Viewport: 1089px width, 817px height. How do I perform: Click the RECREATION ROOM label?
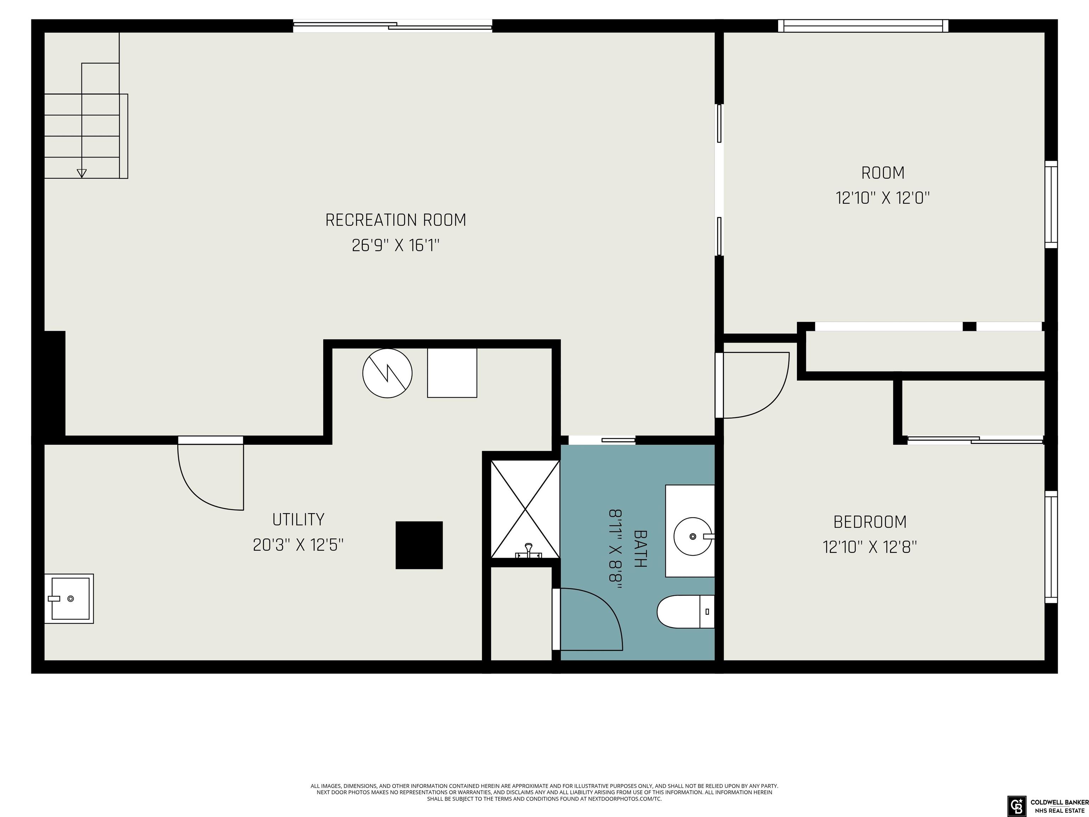tap(396, 219)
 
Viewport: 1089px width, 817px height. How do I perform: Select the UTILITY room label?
tap(298, 519)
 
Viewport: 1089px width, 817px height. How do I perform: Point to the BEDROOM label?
tap(870, 522)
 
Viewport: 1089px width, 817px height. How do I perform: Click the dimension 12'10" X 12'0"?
tap(883, 198)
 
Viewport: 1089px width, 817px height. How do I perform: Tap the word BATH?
tap(640, 549)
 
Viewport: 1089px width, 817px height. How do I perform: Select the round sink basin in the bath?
tap(693, 536)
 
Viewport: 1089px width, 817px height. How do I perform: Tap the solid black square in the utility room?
tap(419, 545)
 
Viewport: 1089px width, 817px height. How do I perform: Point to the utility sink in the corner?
tap(69, 598)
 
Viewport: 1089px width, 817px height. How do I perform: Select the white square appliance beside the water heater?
tap(452, 373)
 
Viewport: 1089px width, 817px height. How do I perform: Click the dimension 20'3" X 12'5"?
tap(298, 545)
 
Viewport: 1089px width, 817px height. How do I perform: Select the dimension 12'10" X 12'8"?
tap(870, 547)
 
